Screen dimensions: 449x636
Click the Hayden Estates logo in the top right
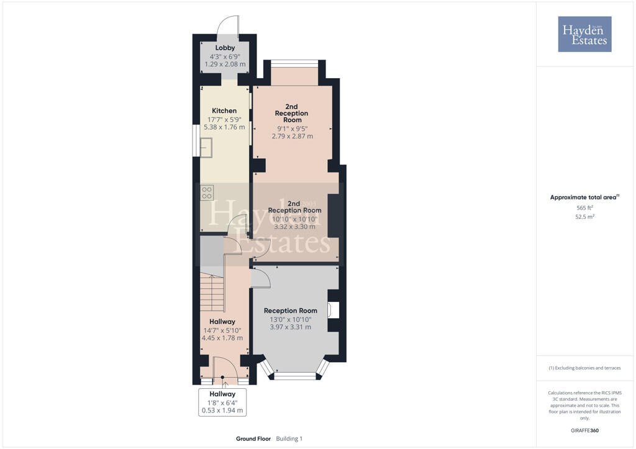click(x=584, y=34)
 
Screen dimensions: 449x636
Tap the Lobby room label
click(x=225, y=48)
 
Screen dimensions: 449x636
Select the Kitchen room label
click(x=224, y=111)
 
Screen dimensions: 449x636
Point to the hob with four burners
click(x=207, y=193)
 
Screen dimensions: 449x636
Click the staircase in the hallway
click(x=212, y=291)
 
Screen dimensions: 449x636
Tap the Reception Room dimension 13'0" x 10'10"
click(x=290, y=319)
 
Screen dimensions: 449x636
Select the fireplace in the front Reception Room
click(x=336, y=310)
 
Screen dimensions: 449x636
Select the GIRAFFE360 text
click(x=584, y=430)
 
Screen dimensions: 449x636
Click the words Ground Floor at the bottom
click(x=253, y=439)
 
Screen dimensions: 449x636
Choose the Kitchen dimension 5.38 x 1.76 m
click(x=224, y=127)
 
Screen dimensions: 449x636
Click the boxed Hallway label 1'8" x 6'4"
click(x=222, y=402)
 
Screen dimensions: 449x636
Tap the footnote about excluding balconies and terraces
click(x=584, y=368)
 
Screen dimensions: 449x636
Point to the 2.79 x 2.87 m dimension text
click(x=292, y=136)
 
